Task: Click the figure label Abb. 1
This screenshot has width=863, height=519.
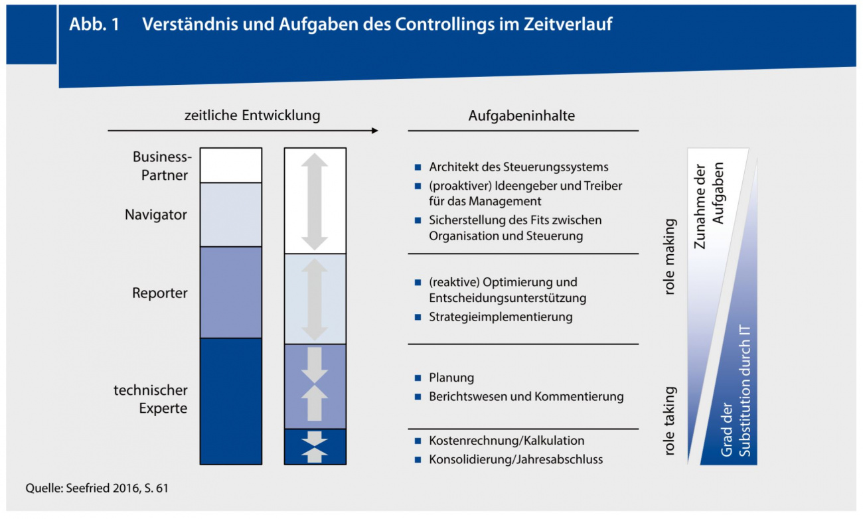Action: coord(94,25)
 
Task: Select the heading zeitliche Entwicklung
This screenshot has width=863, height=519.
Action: coord(252,115)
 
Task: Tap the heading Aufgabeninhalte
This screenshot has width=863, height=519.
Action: coord(522,115)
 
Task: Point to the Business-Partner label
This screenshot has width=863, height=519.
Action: coord(162,166)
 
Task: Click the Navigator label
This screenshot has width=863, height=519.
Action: coord(156,215)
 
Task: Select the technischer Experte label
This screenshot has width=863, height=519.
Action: coord(151,399)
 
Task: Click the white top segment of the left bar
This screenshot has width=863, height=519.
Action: coord(231,165)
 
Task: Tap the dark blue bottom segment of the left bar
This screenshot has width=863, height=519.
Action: coord(231,401)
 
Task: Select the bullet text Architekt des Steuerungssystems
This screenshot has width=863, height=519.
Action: coord(518,167)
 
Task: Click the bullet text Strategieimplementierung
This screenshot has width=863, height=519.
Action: coord(501,317)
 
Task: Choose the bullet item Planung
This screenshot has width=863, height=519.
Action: coord(451,378)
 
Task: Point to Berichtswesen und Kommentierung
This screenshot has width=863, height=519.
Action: coord(526,397)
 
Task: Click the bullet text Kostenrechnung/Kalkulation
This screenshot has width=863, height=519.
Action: coord(507,441)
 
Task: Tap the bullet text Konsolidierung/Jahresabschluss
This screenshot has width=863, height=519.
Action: coord(516,459)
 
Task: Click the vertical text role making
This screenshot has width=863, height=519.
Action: coord(669,257)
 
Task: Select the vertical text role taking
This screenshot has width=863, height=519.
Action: coord(669,421)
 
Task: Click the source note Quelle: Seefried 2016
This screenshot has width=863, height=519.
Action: coord(102,488)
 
